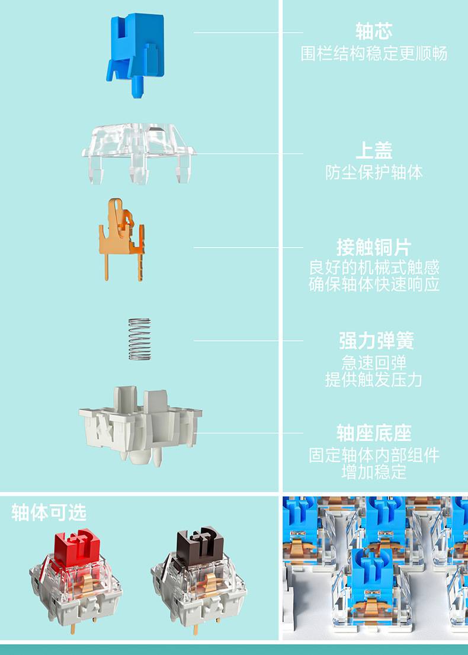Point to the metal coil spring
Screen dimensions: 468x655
click(140, 339)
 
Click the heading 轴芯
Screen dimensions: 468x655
click(374, 31)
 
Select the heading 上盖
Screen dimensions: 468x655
click(374, 150)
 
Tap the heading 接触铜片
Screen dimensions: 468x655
click(374, 246)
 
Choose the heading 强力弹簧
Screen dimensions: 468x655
click(374, 341)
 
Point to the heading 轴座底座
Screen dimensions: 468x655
click(374, 433)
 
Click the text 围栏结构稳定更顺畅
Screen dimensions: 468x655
click(374, 54)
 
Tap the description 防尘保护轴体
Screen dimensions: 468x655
click(374, 172)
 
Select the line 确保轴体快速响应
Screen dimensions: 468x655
click(374, 284)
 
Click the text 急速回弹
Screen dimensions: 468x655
click(374, 362)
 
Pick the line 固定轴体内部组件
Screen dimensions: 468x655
click(374, 455)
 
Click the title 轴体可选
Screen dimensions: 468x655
click(49, 513)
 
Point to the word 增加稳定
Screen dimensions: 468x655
click(374, 473)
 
